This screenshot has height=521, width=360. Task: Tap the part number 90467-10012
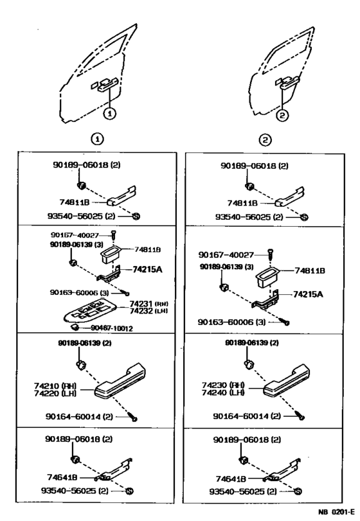pyautogui.click(x=113, y=328)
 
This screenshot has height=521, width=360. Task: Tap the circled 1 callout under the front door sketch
pyautogui.click(x=110, y=114)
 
